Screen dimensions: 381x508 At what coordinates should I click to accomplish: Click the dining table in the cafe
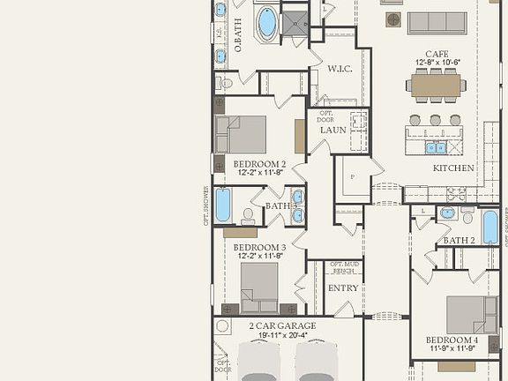[435, 86]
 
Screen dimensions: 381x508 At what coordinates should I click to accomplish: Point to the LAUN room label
[332, 130]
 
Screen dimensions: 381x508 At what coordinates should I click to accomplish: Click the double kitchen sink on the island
[437, 147]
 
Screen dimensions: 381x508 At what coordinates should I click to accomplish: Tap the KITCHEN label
[453, 168]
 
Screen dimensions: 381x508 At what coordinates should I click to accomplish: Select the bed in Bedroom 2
[242, 134]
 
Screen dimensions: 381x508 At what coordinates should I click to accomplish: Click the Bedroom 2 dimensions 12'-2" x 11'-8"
[259, 174]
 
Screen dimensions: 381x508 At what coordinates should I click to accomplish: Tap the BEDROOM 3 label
[259, 247]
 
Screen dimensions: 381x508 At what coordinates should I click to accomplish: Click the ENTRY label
[343, 288]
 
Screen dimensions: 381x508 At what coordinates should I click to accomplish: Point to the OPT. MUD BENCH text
[343, 267]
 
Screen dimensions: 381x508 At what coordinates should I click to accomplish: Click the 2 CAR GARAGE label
[282, 325]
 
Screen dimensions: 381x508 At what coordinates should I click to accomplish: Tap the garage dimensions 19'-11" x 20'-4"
[282, 335]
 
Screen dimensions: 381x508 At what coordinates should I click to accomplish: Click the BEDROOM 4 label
[452, 340]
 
